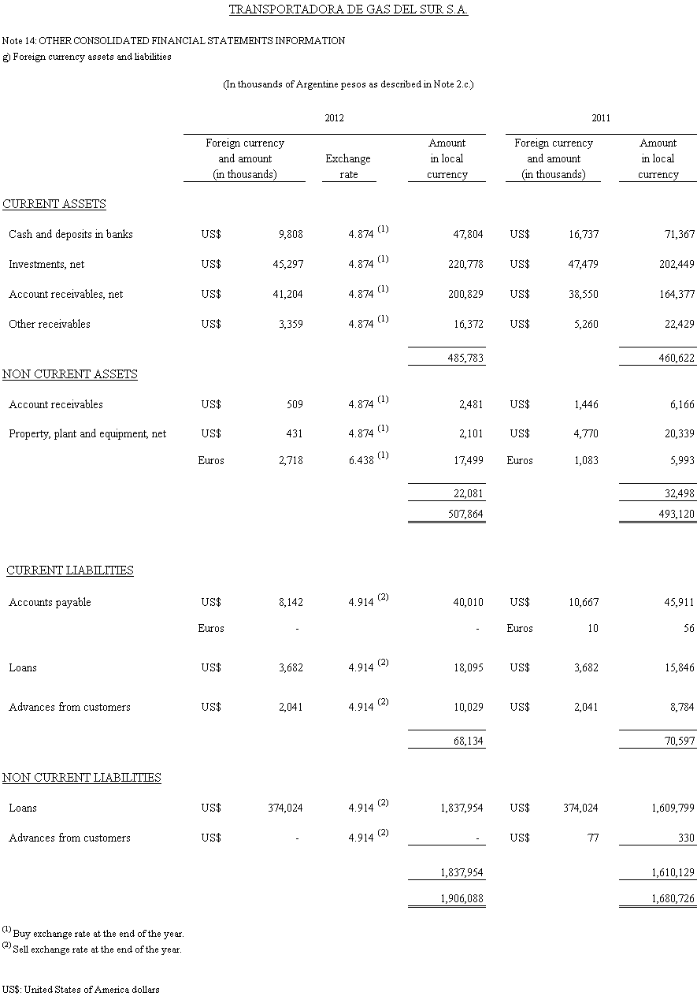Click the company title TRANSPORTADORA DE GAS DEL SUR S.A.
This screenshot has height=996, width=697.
coord(348,10)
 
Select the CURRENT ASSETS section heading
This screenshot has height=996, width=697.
coord(54,204)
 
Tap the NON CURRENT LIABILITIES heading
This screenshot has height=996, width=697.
coord(82,778)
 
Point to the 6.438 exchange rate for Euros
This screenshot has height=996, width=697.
coord(361,460)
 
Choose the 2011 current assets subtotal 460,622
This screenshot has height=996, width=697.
coord(677,358)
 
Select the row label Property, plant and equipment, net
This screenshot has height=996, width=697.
coord(87,433)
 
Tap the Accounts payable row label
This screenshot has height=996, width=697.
coord(50,602)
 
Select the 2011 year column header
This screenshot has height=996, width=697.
coord(601,118)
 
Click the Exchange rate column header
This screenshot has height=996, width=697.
coord(348,166)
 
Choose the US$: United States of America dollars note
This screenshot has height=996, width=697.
coord(80,989)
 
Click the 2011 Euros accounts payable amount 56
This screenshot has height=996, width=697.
coord(689,628)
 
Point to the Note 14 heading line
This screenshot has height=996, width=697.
coord(173,40)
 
